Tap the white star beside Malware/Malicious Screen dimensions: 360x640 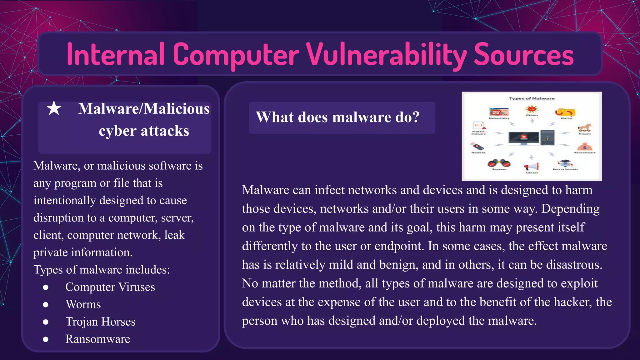pos(54,108)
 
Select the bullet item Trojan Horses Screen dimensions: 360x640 pos(100,322)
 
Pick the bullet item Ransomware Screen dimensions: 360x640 pos(97,339)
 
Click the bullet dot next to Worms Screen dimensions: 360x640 pos(46,304)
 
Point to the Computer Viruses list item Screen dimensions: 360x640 pos(110,287)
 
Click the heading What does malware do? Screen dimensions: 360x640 pos(337,117)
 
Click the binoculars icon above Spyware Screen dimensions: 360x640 pos(499,163)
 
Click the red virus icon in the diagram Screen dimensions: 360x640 pos(532,109)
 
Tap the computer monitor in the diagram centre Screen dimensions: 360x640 pos(524,137)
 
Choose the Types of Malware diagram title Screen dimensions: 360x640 pos(532,98)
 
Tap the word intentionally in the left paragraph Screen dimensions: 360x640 pos(64,200)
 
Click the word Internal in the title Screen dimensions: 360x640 pos(116,55)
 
